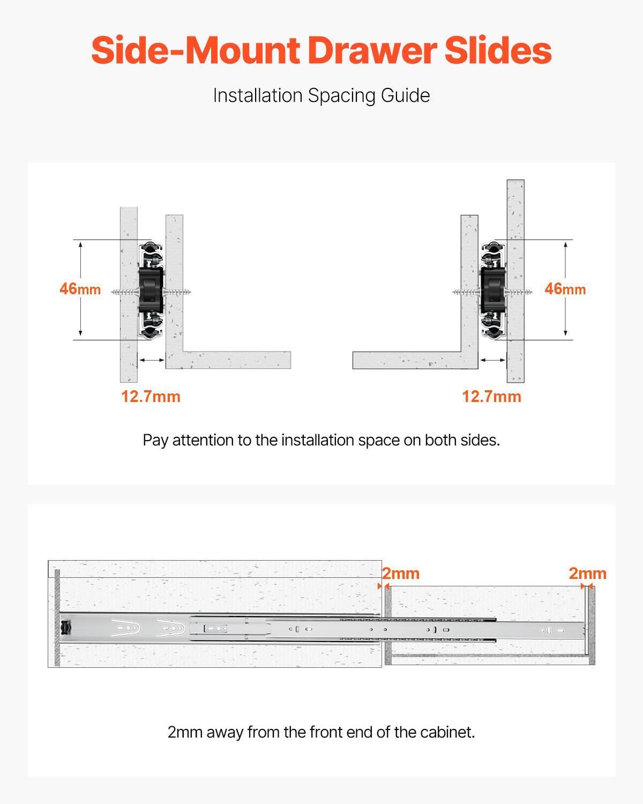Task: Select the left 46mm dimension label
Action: pyautogui.click(x=80, y=289)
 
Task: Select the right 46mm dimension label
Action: pyautogui.click(x=565, y=289)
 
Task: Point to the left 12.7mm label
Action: pyautogui.click(x=151, y=397)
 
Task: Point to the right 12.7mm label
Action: pyautogui.click(x=491, y=397)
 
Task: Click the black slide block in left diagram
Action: pyautogui.click(x=150, y=290)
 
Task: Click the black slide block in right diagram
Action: pyautogui.click(x=492, y=290)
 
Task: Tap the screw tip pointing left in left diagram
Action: pyautogui.click(x=114, y=292)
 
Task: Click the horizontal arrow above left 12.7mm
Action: pyautogui.click(x=152, y=360)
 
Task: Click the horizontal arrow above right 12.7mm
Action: pyautogui.click(x=492, y=360)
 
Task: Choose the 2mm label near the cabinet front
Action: pyautogui.click(x=401, y=574)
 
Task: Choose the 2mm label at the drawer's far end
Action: pyautogui.click(x=587, y=574)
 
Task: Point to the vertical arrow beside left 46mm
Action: pyautogui.click(x=80, y=289)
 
